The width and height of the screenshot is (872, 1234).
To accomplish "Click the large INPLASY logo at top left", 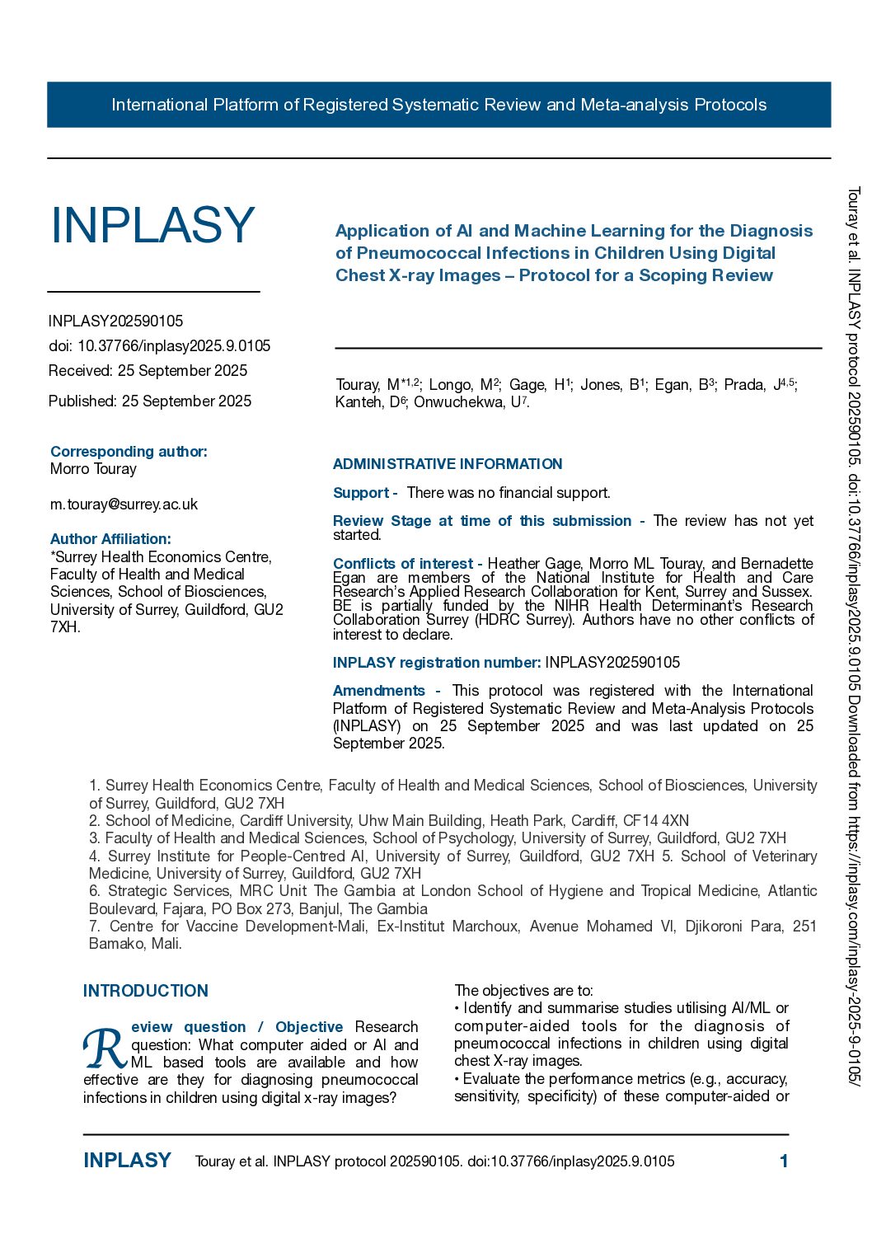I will tap(152, 225).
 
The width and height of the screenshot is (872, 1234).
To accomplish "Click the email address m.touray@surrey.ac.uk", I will tap(124, 504).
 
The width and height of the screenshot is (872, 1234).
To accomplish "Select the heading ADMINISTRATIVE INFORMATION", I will tap(448, 464).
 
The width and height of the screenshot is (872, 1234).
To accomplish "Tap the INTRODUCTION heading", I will tap(146, 991).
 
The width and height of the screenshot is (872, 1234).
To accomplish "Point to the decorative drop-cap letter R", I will tap(105, 1048).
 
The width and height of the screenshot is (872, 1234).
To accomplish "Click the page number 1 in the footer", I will tap(784, 1161).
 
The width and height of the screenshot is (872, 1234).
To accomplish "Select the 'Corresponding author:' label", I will tap(129, 452).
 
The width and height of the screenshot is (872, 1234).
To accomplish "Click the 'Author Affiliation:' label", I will tap(110, 539).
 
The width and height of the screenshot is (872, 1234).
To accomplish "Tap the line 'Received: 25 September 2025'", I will tap(148, 371).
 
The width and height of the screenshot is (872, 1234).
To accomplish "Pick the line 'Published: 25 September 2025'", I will tap(150, 401).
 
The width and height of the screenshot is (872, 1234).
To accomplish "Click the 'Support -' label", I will tap(364, 493).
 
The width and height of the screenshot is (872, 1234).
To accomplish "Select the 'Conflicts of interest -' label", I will tap(407, 564).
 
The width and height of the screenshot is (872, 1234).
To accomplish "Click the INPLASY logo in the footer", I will tap(127, 1161).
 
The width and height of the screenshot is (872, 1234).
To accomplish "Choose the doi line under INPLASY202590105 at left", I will tap(159, 346).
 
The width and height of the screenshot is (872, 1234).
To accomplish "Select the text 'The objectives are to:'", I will tap(523, 991).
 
